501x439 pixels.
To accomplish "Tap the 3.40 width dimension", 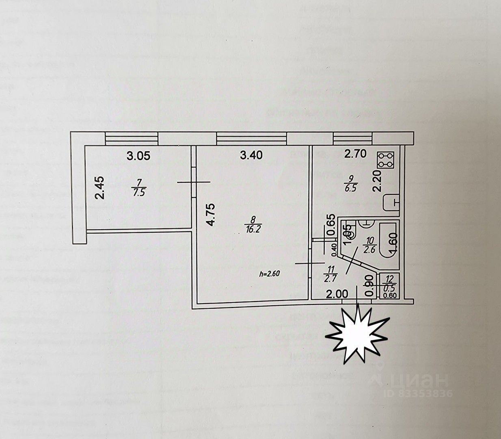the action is [251, 155].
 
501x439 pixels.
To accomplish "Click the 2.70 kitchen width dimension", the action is [356, 154].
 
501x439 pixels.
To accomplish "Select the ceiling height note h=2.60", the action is [270, 273].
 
